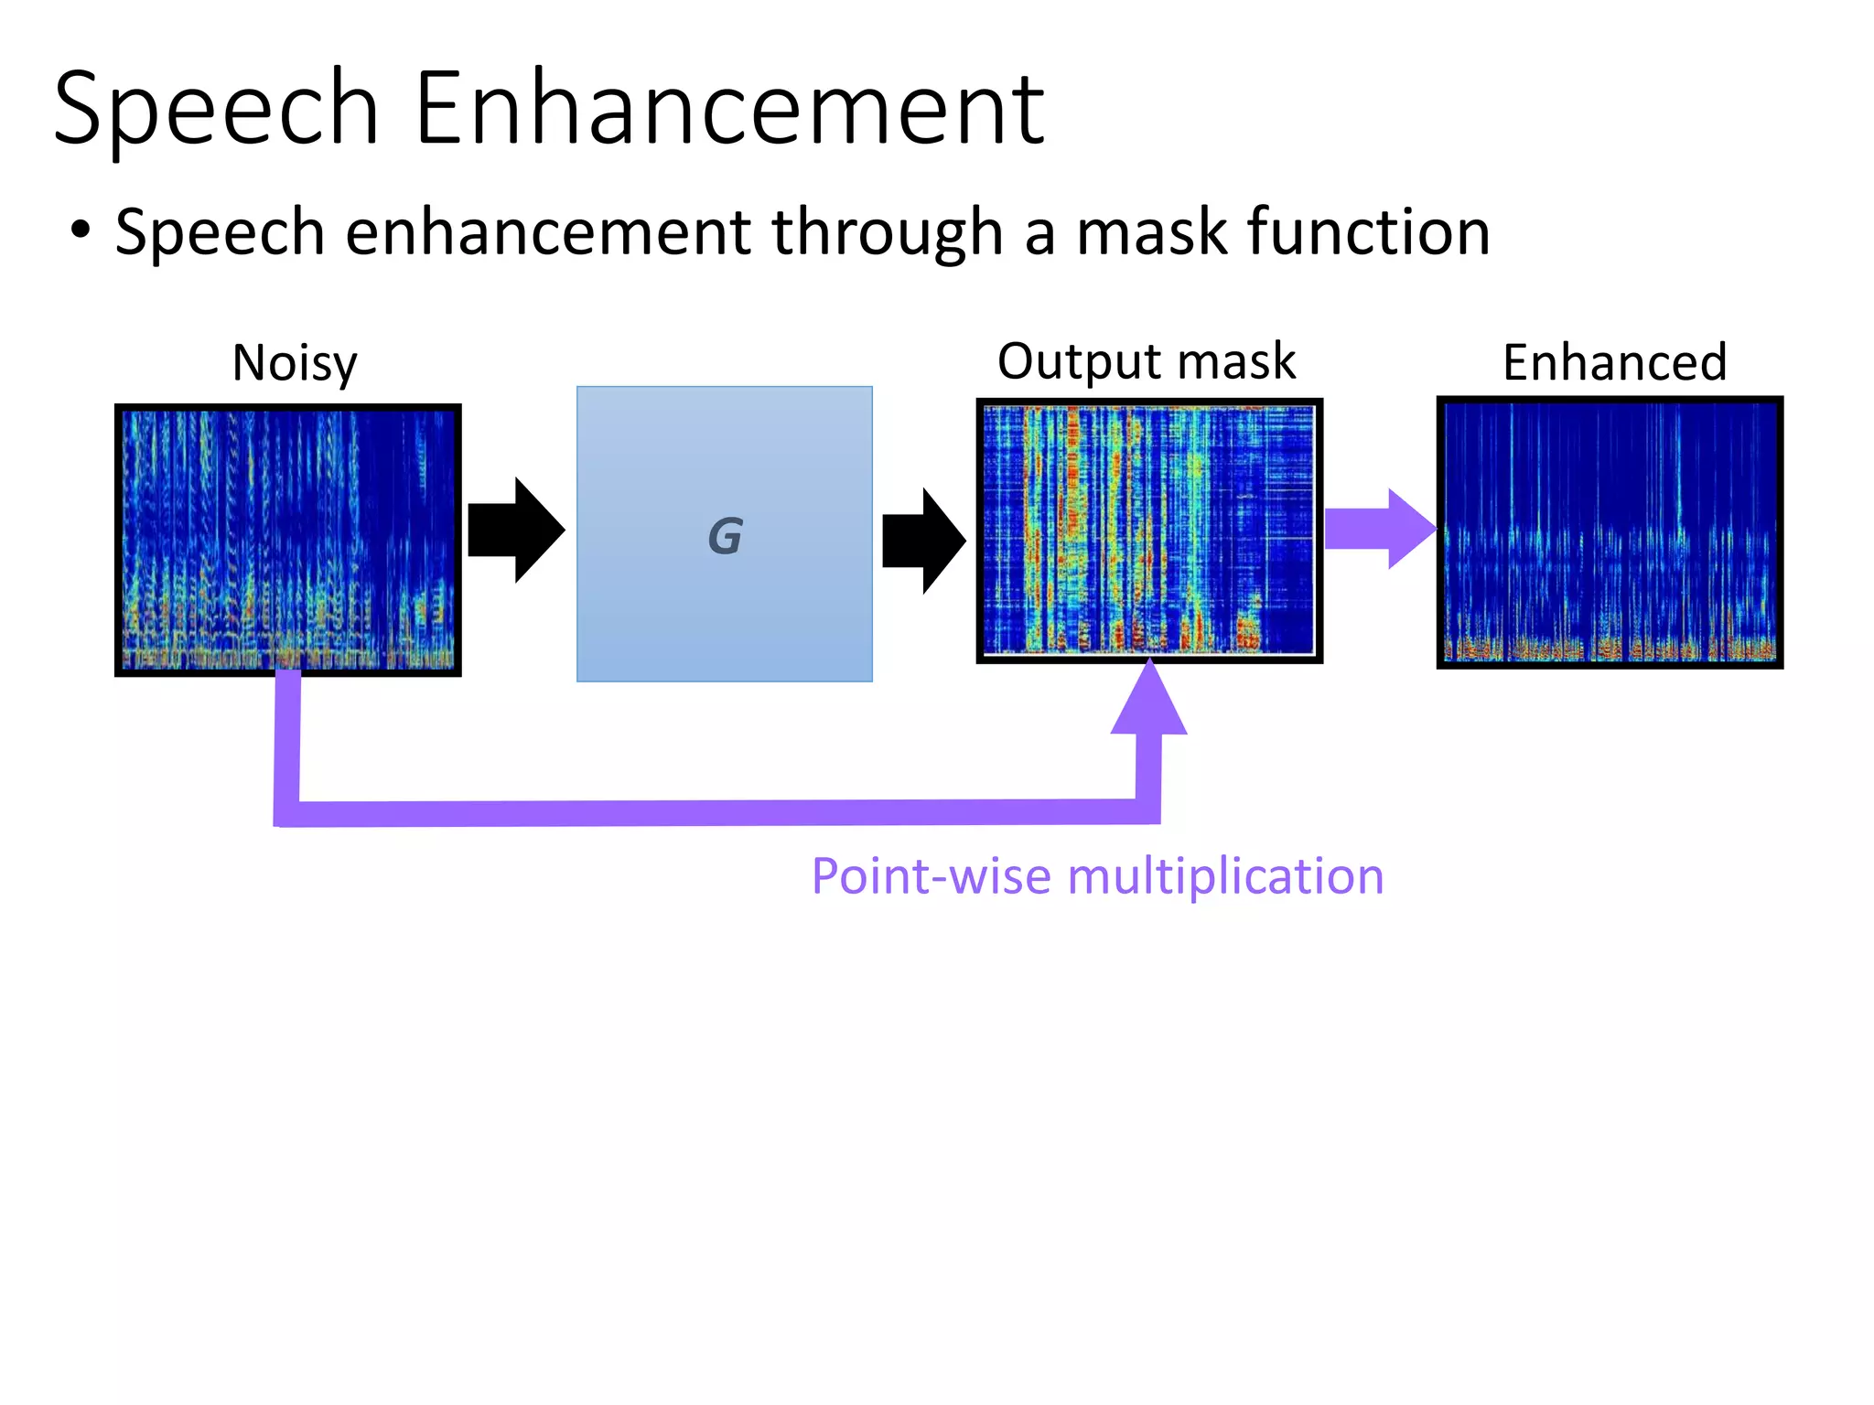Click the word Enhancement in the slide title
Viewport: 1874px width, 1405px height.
click(729, 110)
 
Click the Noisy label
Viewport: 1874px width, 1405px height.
click(295, 363)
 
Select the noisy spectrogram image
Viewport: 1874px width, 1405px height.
click(288, 540)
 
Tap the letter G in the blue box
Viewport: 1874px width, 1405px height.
click(725, 536)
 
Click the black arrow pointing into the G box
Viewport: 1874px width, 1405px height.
click(516, 530)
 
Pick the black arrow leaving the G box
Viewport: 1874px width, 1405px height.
click(924, 541)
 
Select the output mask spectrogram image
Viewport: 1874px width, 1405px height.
click(1149, 531)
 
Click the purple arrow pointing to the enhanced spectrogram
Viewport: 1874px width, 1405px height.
click(1380, 529)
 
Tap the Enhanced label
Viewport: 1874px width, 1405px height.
click(1614, 362)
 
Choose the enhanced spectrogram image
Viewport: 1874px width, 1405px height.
click(1610, 532)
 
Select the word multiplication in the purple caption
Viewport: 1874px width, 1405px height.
click(1225, 876)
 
